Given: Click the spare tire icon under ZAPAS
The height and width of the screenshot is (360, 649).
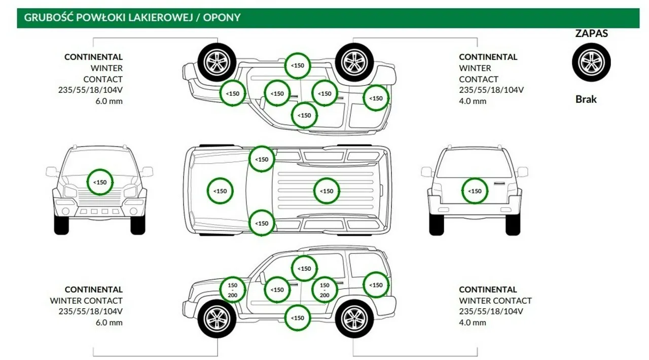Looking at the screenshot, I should [x=591, y=62].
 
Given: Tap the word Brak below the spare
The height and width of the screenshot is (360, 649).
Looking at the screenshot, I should [x=586, y=99].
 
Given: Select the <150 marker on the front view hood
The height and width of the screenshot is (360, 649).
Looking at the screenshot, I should [x=100, y=182].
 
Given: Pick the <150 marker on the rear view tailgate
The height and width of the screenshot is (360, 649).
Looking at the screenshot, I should [x=475, y=191].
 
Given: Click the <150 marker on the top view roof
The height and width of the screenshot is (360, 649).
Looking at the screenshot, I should [x=327, y=191].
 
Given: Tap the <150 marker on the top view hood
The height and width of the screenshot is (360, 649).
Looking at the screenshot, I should [x=220, y=191].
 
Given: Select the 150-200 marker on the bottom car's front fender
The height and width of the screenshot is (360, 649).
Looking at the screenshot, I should [x=233, y=290].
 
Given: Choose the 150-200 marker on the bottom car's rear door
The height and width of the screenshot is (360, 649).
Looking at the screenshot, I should [x=324, y=290].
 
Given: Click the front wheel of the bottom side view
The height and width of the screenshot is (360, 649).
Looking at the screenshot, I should [x=217, y=318].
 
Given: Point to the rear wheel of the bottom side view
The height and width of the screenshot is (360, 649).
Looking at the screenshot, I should [x=354, y=318].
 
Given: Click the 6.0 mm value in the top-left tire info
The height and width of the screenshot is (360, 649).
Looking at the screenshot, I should [x=109, y=101].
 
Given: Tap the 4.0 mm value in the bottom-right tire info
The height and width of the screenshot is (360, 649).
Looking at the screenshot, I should [x=473, y=322].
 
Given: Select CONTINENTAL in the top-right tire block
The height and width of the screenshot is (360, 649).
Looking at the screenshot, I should [x=488, y=57].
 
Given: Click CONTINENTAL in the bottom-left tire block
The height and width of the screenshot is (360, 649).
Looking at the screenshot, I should [x=94, y=290].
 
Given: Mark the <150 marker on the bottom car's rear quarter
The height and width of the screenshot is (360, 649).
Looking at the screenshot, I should [x=376, y=285].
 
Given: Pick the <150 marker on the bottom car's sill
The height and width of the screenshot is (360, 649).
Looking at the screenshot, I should [x=298, y=318].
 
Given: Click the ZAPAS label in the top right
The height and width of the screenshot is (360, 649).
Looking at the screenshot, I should [x=591, y=34].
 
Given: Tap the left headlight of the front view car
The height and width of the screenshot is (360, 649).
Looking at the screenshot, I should [x=70, y=192].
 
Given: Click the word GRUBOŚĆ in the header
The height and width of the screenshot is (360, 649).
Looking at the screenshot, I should [x=46, y=18].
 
